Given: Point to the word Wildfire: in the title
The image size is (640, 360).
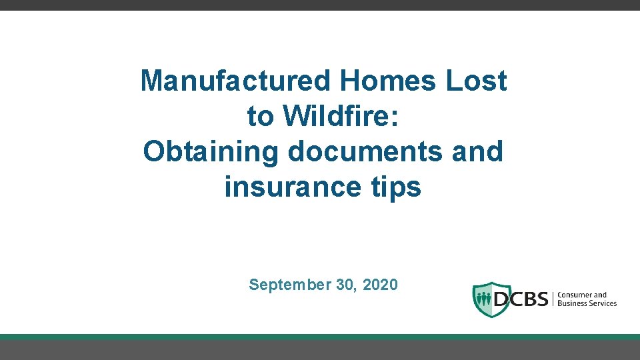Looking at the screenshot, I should coord(341,117).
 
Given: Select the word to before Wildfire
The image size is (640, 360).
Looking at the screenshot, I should coord(261,117).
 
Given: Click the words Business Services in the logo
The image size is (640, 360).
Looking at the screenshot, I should coord(587,303).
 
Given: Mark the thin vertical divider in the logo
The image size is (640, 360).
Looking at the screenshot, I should coord(553,299).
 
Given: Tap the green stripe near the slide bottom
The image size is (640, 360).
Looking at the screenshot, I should coord(320,337).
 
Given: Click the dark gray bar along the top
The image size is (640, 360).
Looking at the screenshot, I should coord(320,5).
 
